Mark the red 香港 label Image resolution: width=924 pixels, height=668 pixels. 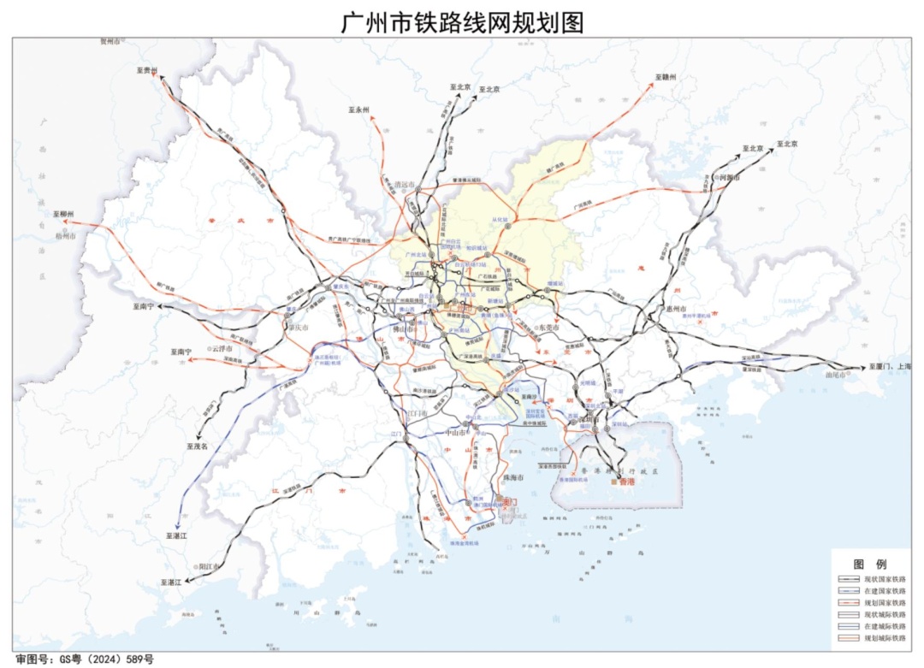[627, 482]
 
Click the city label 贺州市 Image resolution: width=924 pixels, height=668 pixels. [111, 41]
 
